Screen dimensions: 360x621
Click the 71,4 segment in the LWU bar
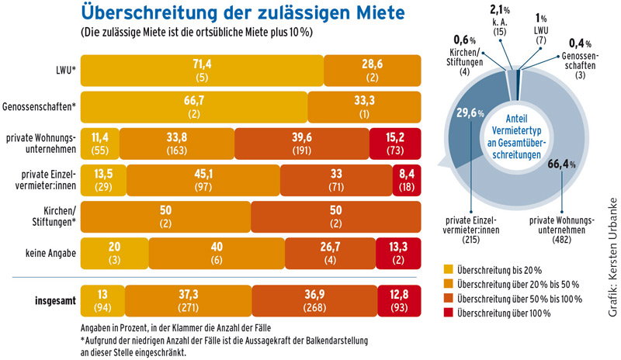click(x=201, y=71)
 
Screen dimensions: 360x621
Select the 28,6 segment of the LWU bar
click(x=372, y=71)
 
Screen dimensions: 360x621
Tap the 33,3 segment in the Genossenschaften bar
click(x=364, y=105)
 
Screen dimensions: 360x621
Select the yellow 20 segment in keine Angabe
click(x=114, y=248)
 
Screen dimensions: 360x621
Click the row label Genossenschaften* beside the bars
click(x=39, y=105)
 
